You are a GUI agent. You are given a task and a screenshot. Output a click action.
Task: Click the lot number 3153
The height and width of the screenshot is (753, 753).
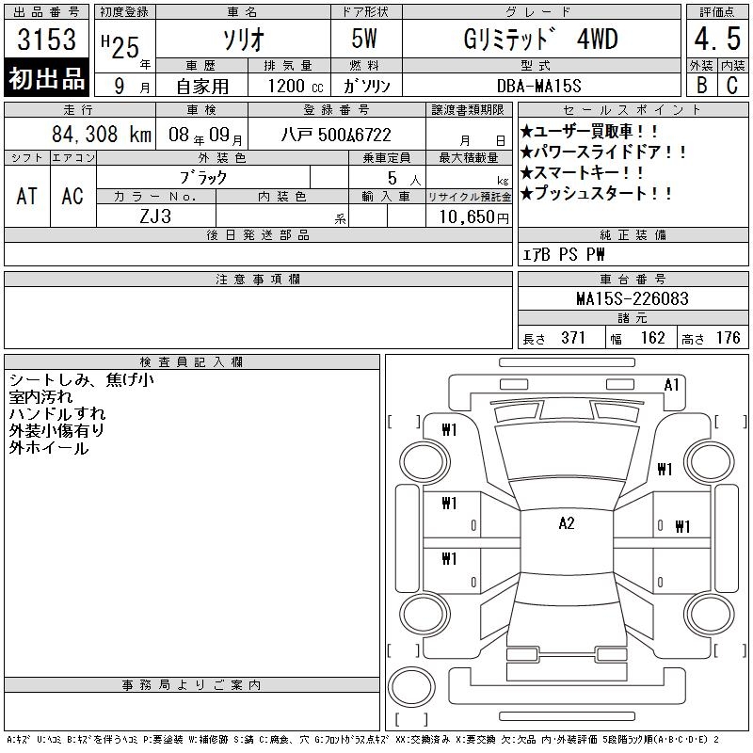[46, 39]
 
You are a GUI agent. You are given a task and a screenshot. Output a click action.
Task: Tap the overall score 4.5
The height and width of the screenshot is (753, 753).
[717, 39]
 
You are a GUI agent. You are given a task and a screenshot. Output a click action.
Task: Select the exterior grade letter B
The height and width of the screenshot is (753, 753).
[701, 85]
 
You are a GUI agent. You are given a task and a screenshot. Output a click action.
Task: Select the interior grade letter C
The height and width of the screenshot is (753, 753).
[732, 85]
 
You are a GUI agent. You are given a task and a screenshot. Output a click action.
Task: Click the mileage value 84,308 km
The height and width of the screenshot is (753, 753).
[102, 134]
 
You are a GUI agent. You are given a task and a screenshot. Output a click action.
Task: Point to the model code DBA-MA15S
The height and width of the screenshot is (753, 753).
[538, 86]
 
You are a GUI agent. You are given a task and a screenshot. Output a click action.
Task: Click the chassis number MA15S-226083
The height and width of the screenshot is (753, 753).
[633, 298]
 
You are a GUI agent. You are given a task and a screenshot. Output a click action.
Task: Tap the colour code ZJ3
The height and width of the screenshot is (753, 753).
[155, 216]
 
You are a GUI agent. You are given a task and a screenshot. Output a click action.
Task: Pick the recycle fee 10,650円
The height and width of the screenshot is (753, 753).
[473, 217]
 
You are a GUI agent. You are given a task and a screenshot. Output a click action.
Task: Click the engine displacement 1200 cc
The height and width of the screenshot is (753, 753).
[296, 86]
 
